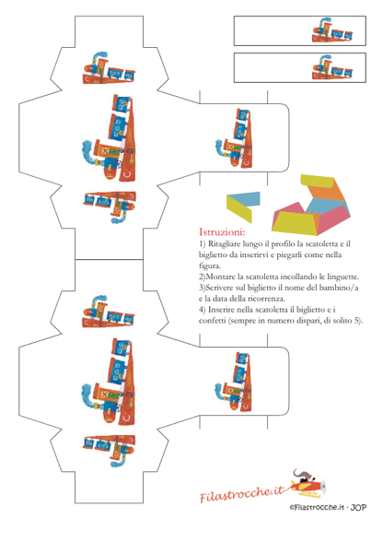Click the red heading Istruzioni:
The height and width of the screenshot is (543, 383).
[x=222, y=231]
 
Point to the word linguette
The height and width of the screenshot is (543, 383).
[x=343, y=277]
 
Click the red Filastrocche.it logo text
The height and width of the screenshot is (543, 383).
[x=242, y=493]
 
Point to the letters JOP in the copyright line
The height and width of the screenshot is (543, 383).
[x=358, y=508]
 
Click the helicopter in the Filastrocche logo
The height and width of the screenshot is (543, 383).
[x=308, y=483]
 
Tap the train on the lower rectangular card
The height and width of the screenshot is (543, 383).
[x=332, y=67]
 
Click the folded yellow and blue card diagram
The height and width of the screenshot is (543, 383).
[x=243, y=207]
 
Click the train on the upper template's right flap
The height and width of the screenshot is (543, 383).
[x=234, y=138]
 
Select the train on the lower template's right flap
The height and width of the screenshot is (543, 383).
[x=234, y=382]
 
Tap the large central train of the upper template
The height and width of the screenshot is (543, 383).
[x=109, y=138]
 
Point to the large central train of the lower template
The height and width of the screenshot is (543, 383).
[x=109, y=382]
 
